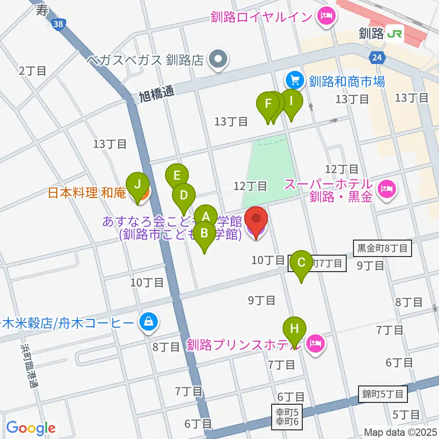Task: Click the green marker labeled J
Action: (137, 186)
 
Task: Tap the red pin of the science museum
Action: (256, 220)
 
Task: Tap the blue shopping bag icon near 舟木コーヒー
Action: (149, 323)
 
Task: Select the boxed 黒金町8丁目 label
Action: (382, 249)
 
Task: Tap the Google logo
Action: (31, 427)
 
